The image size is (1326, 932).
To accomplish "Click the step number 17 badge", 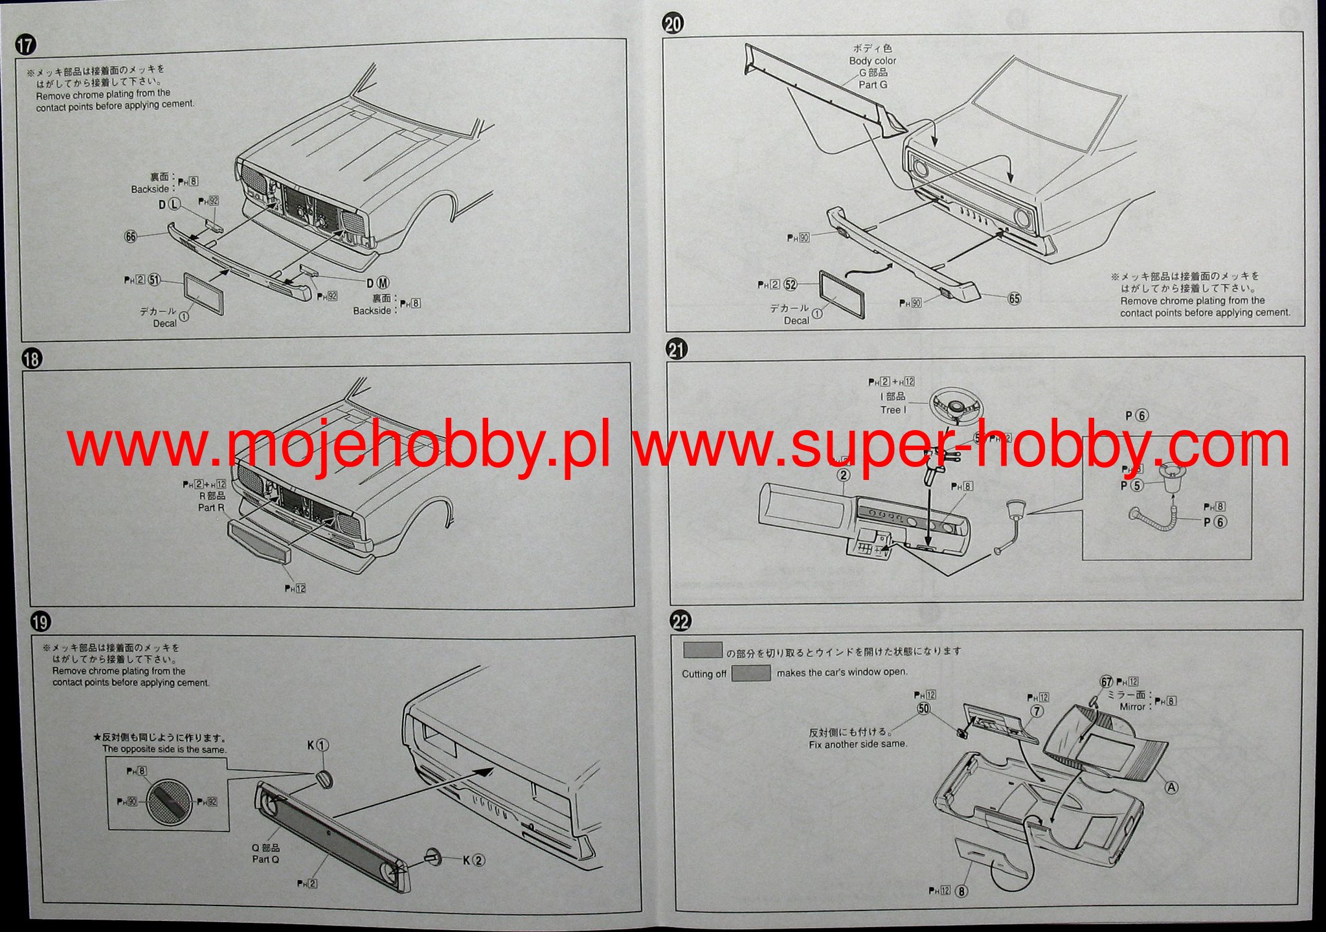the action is tap(26, 45).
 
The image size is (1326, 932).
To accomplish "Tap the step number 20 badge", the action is tap(673, 24).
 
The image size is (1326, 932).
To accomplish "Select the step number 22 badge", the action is tap(680, 622).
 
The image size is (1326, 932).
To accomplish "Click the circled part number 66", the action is tap(131, 236).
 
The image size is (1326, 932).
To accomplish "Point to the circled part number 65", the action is tap(1014, 299).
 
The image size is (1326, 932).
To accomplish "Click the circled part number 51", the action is tap(154, 280).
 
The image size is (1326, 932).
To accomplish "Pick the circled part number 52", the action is tap(790, 284).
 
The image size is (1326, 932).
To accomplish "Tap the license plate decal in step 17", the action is tap(204, 293).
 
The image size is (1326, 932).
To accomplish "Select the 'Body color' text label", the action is tap(873, 61).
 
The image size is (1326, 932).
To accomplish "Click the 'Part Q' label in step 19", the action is tap(265, 859).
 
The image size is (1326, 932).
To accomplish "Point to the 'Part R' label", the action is tap(211, 508).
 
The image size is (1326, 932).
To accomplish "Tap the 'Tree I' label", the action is tap(893, 410).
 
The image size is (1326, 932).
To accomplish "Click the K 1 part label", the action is tap(318, 745).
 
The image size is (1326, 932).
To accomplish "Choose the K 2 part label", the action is tap(473, 861).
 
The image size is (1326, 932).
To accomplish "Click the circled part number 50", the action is tap(923, 709).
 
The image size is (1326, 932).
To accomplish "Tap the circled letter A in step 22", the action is tap(1171, 788).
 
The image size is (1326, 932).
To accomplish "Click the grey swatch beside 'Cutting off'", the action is tap(751, 674).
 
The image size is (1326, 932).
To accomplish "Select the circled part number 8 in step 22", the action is tap(962, 891).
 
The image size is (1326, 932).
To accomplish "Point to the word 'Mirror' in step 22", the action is tap(1132, 707).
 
